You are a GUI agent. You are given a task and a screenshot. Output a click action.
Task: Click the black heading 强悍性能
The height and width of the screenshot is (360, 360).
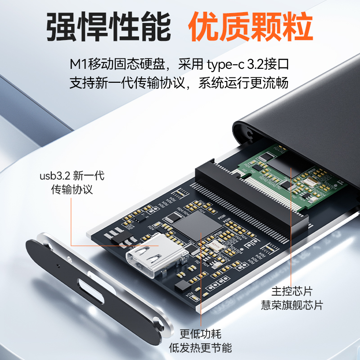[x=108, y=27]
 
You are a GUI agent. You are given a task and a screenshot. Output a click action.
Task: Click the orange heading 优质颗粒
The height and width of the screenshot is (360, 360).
[x=251, y=27]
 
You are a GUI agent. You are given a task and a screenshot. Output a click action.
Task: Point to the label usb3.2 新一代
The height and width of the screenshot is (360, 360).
[x=72, y=176]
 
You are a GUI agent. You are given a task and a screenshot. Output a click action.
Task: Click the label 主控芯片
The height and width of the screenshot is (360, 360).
[x=292, y=291]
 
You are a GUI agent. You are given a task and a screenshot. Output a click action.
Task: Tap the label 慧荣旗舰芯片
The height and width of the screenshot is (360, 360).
[x=292, y=305]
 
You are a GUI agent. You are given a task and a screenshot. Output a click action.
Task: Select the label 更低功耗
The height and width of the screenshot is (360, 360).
[x=200, y=333]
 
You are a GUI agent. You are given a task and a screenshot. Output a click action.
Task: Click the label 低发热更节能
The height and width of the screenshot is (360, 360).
[x=200, y=347]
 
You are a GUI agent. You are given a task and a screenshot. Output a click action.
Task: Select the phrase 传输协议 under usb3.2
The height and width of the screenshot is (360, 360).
[x=72, y=189]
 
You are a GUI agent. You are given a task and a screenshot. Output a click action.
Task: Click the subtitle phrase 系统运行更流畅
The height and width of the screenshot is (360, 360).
[x=243, y=83]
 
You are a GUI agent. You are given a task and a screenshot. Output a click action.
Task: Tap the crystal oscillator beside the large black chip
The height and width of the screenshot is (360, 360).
[x=215, y=247]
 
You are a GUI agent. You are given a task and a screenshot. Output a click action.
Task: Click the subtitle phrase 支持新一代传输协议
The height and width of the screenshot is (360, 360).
[x=127, y=83]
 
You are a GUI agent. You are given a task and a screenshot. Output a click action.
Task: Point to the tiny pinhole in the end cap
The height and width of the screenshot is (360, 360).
[x=58, y=266]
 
